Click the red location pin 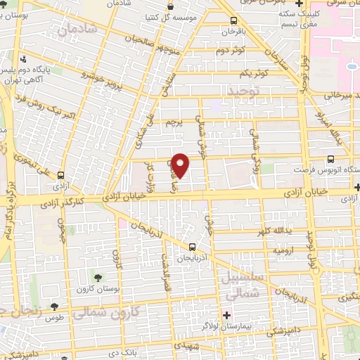(181, 165)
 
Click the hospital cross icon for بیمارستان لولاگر (226, 314)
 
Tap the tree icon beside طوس (54, 306)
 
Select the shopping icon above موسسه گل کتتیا (169, 6)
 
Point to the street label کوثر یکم (254, 73)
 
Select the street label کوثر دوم (230, 51)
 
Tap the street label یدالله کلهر (273, 231)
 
